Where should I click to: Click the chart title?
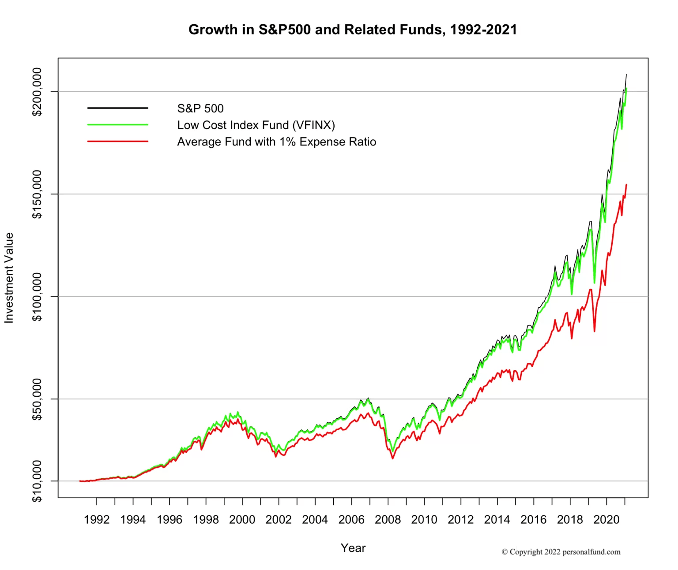352,30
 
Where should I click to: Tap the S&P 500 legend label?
200,108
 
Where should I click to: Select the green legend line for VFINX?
117,125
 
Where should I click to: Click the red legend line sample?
117,142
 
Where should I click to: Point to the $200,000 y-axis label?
37,92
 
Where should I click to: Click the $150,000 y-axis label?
37,194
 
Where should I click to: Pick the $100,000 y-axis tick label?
37,297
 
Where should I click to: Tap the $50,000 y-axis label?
37,399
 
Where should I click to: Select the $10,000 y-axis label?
37,481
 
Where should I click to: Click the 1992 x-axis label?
97,520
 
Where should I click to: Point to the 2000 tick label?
242,520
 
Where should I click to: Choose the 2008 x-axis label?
388,520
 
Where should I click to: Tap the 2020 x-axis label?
606,520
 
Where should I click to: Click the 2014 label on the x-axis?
497,520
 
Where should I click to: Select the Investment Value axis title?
9,278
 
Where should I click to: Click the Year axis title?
353,548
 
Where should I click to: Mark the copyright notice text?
561,551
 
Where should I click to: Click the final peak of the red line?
626,185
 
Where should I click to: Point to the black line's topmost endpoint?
626,75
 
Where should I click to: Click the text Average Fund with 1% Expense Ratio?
276,142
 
